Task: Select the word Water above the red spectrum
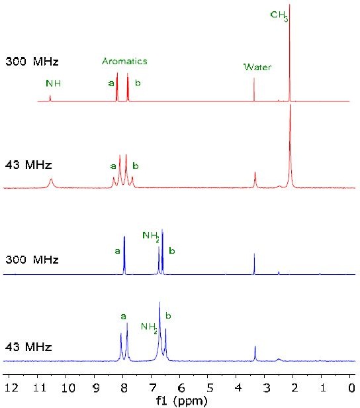(257, 67)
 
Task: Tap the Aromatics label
(124, 61)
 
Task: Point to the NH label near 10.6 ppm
(53, 83)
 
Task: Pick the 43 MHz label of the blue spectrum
(29, 346)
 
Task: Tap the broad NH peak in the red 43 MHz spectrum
(51, 181)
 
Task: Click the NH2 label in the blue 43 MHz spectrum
(150, 327)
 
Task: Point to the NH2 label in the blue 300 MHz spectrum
(152, 236)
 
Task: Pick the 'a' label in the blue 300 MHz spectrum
(117, 251)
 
